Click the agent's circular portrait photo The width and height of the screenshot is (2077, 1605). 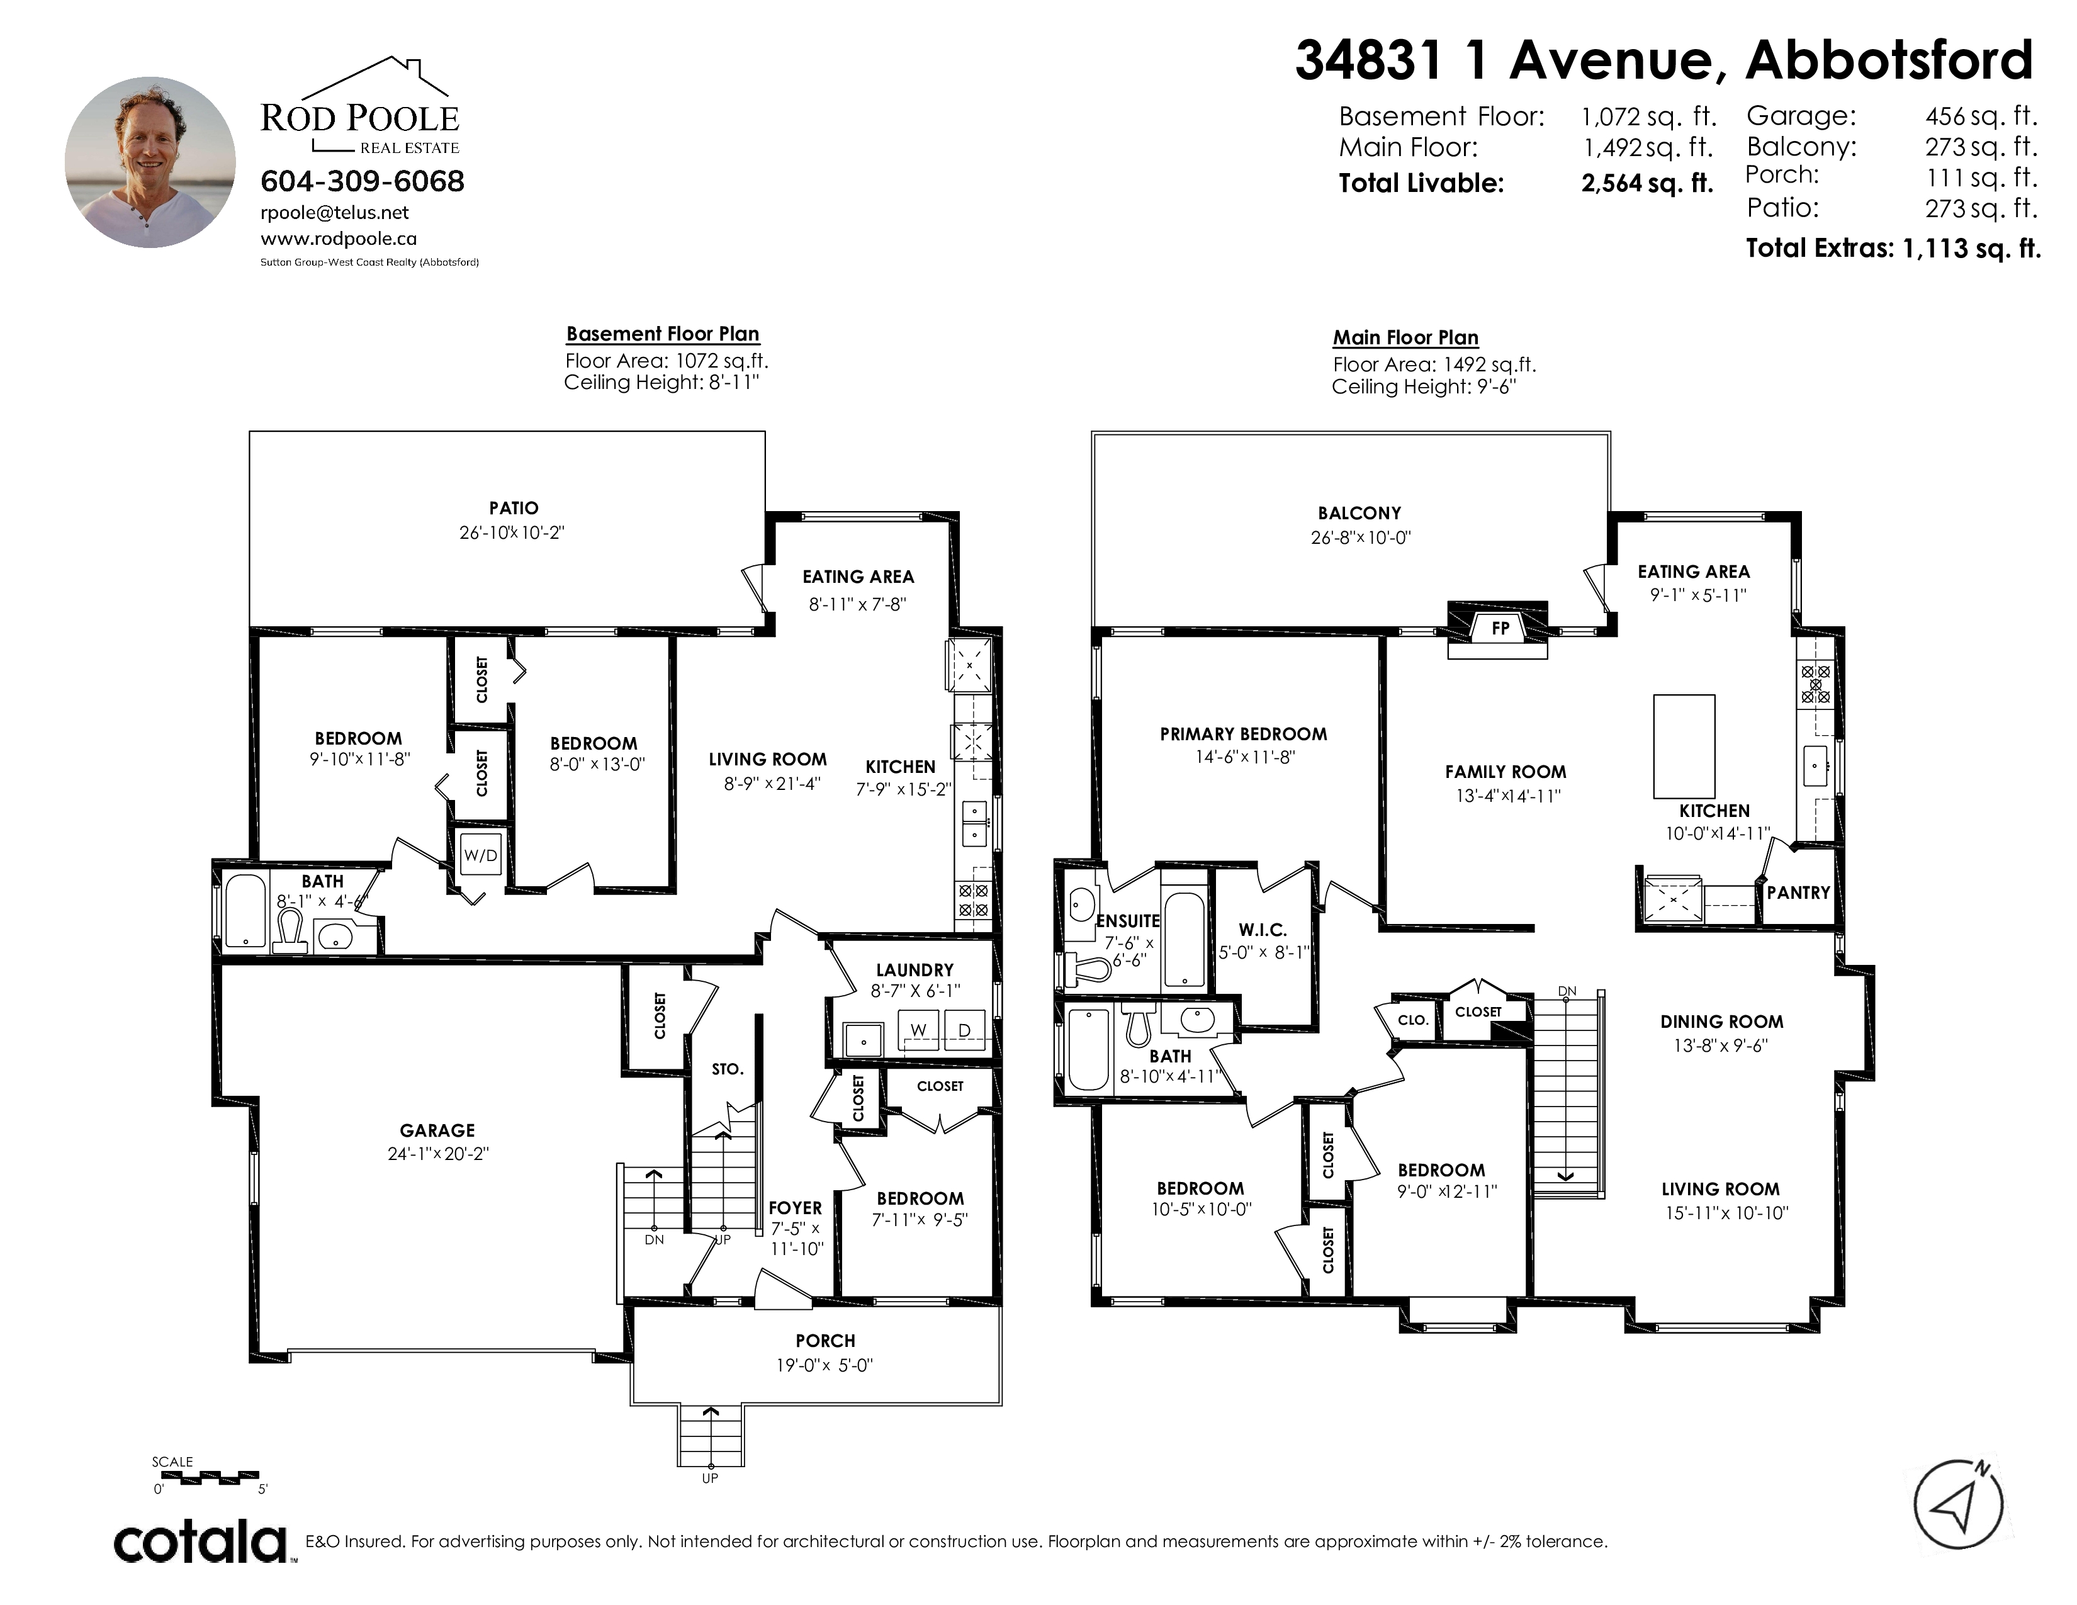(150, 162)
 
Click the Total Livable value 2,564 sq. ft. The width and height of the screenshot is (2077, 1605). (1647, 184)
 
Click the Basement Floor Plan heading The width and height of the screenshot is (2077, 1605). (663, 334)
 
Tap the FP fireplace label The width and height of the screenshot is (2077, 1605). (1500, 629)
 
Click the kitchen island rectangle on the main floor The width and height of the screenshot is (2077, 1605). (1684, 746)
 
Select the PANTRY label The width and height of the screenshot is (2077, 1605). (1798, 893)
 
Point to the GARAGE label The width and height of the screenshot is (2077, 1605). (437, 1130)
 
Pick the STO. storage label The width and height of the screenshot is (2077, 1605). (728, 1069)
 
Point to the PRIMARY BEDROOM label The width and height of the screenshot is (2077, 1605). (1243, 734)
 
